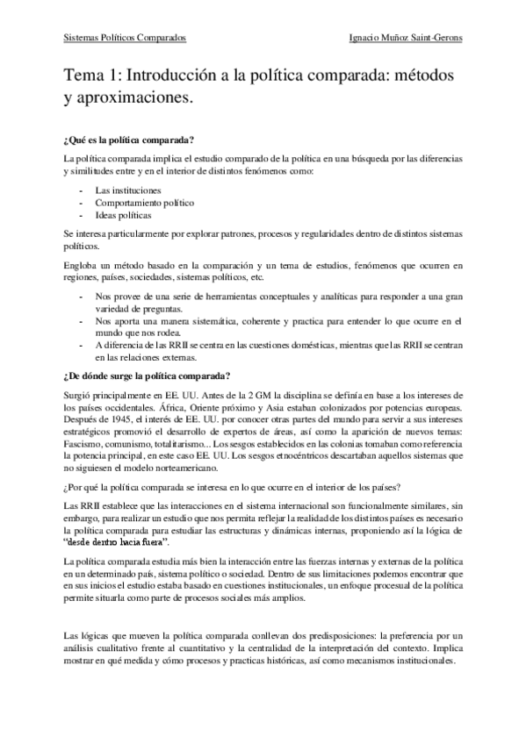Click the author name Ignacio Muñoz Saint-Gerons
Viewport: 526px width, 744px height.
tap(406, 39)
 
